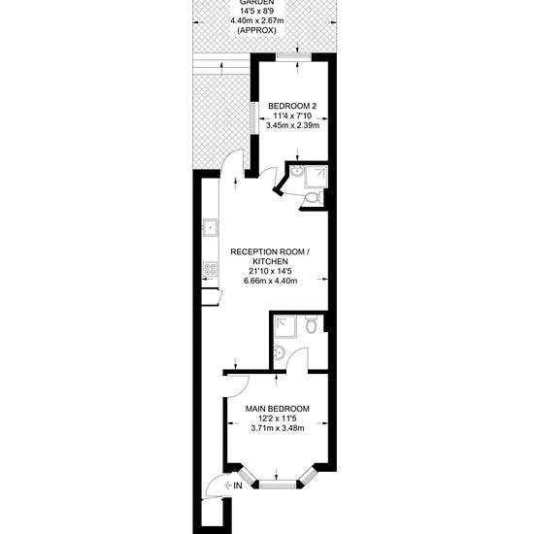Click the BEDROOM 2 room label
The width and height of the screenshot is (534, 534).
(292, 106)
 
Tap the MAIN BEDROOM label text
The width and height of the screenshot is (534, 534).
(278, 409)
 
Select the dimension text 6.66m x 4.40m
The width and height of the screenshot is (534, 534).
(270, 281)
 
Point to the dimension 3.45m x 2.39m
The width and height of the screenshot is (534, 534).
(292, 125)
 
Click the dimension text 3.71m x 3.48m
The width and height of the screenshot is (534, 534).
(278, 428)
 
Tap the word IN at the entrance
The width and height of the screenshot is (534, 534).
(238, 485)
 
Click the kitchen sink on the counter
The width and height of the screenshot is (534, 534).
(210, 227)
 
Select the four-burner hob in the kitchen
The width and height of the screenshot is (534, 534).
(210, 269)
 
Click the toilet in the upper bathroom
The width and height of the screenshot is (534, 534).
(313, 197)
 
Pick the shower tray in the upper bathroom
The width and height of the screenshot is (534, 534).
(317, 177)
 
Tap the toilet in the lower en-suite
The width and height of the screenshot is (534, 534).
(311, 324)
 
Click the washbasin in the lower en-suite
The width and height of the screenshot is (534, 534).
(279, 352)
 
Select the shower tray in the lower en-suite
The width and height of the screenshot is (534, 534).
(285, 326)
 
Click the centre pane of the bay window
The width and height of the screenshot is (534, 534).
(277, 484)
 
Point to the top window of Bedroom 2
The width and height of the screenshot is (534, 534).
(293, 57)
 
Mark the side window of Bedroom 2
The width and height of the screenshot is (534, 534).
(252, 117)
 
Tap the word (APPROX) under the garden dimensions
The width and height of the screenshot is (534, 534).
(256, 30)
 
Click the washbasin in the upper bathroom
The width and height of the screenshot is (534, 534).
(297, 172)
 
